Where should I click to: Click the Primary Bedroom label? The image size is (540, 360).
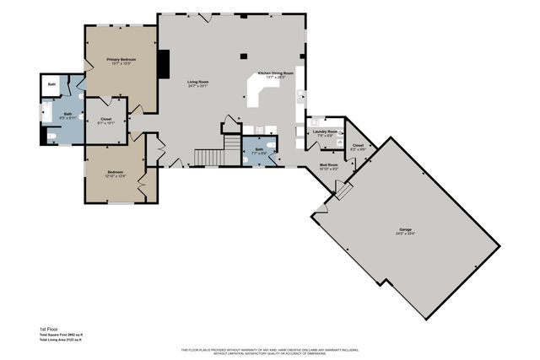coord(121,61)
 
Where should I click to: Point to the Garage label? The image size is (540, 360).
coord(405,230)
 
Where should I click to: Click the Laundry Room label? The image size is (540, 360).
coord(327,132)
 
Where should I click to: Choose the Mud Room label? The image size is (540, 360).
coord(328,166)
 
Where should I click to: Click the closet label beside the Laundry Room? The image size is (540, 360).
coord(358,148)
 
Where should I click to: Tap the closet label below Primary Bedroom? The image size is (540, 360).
coord(105,121)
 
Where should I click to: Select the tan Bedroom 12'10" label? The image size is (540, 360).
coord(115,173)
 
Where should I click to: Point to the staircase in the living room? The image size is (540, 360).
coord(209,158)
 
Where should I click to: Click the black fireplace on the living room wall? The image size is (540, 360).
coord(165,63)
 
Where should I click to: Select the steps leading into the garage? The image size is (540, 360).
coord(343,191)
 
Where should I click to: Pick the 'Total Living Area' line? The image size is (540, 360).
coord(67,339)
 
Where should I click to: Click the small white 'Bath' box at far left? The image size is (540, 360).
coord(51,85)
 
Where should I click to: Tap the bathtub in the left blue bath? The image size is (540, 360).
coord(46,113)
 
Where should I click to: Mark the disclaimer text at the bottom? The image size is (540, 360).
coord(270,351)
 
